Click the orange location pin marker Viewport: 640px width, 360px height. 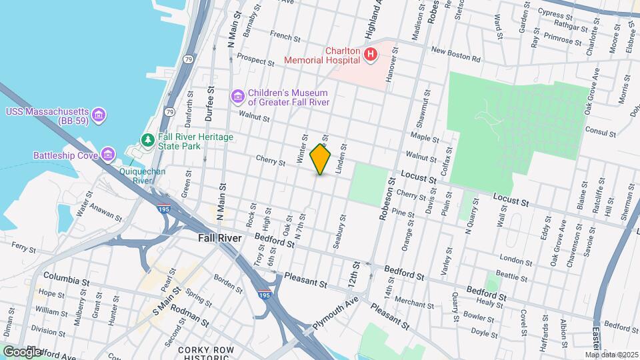click(x=320, y=159)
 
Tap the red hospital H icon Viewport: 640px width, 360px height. click(x=369, y=53)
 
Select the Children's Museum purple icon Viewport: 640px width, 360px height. click(x=237, y=97)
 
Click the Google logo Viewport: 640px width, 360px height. click(x=21, y=351)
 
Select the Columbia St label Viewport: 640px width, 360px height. click(x=67, y=278)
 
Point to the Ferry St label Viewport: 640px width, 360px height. click(x=23, y=248)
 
